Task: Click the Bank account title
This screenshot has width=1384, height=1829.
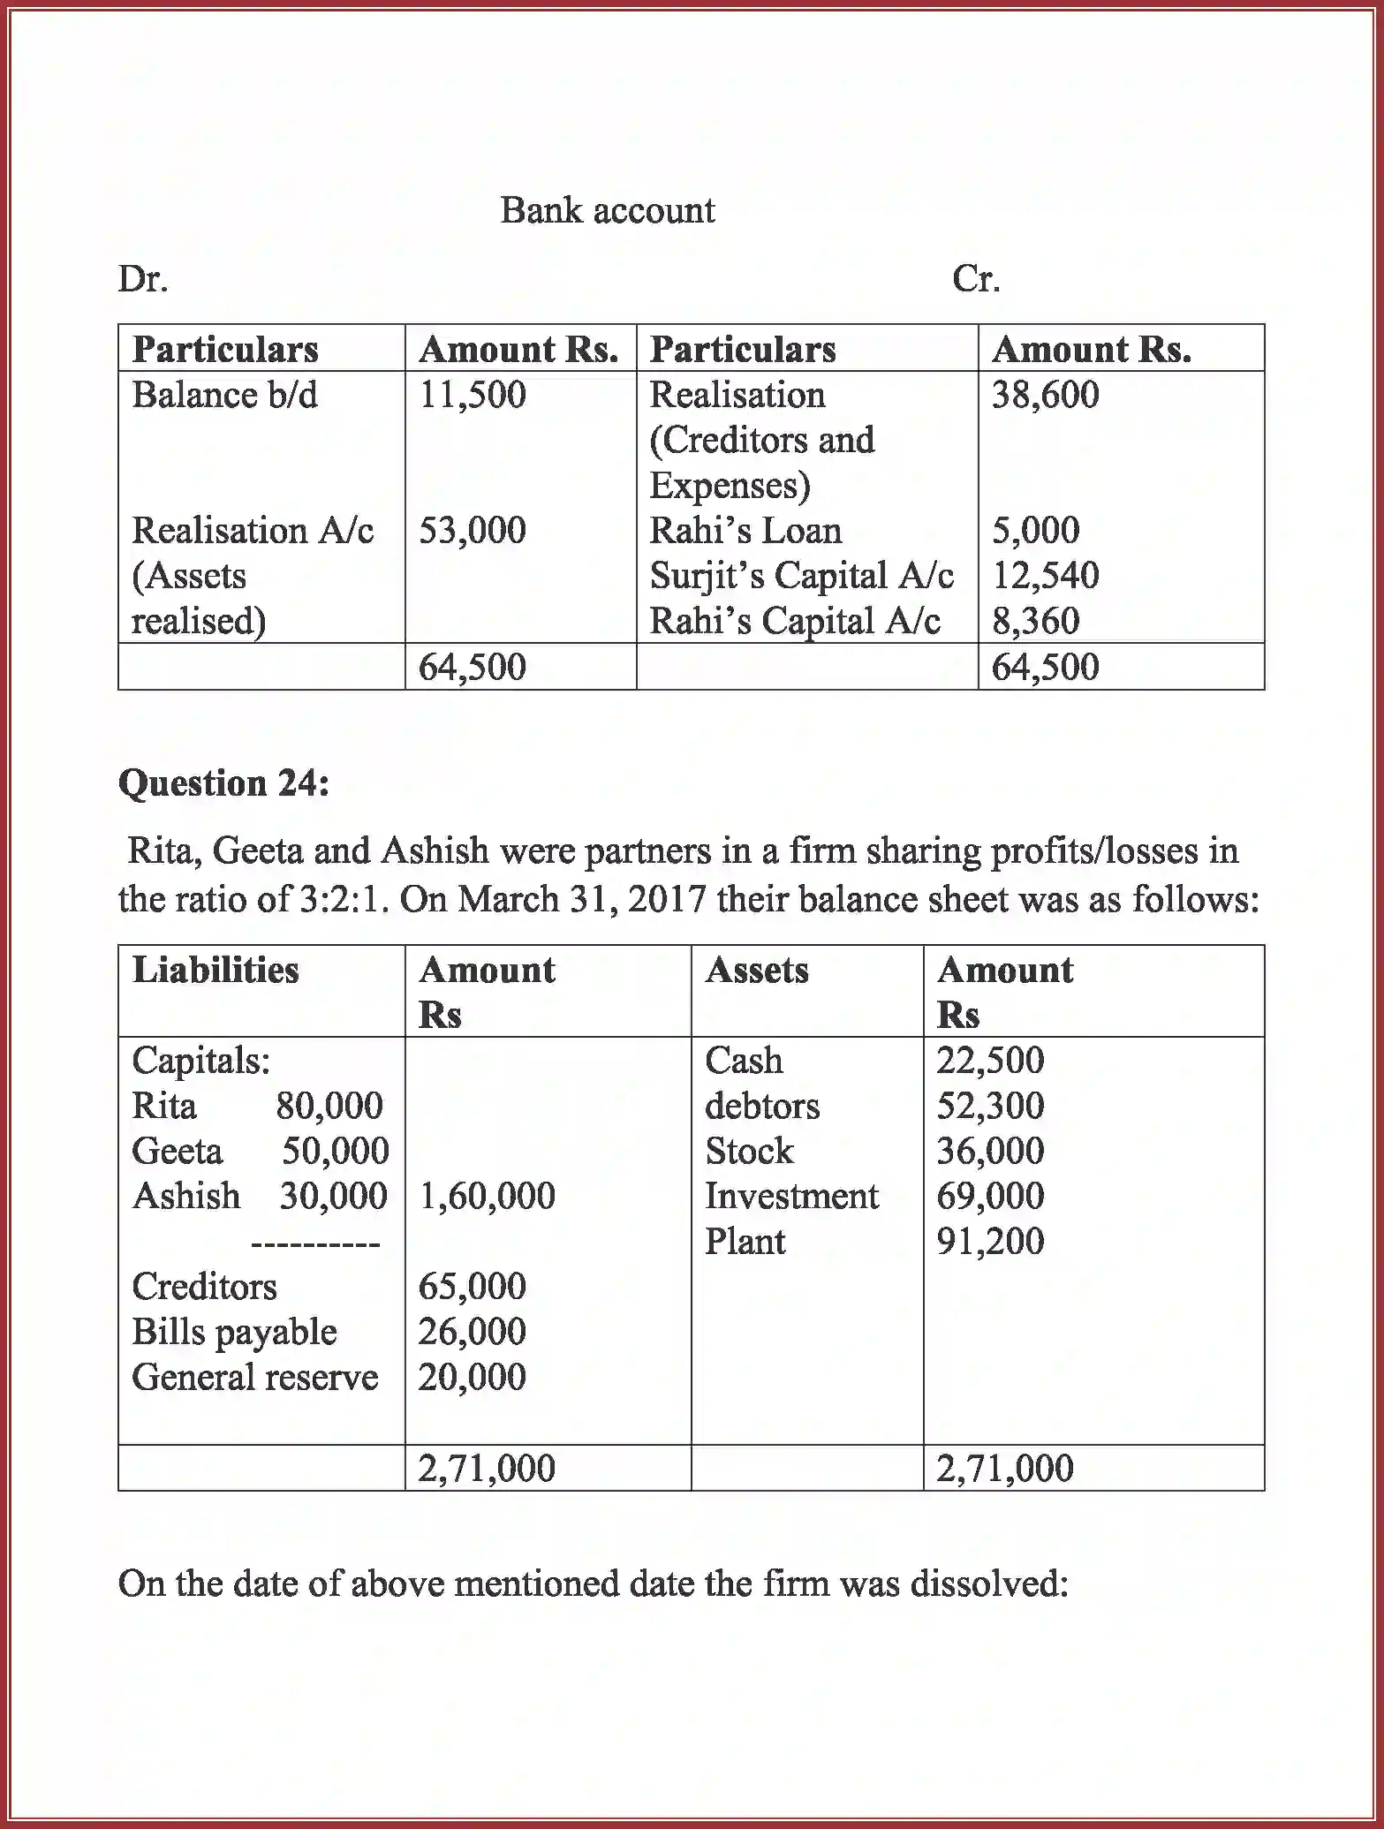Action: pos(607,211)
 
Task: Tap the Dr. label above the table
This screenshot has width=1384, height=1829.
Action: pos(143,279)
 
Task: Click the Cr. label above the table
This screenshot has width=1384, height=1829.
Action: pos(975,279)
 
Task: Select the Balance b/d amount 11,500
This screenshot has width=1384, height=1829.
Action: pos(472,395)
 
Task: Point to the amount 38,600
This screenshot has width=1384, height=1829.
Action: pos(1045,395)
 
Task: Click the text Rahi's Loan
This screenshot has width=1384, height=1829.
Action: pos(745,531)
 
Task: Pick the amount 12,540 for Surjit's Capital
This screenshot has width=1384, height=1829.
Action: pos(1045,576)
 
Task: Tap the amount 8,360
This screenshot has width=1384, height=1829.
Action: pos(1035,621)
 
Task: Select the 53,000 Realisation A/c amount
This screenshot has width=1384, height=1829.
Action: pos(472,531)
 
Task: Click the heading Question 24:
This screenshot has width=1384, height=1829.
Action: pos(223,783)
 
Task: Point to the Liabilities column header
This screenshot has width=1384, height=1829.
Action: pos(216,970)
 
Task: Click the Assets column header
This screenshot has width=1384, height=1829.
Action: pos(756,970)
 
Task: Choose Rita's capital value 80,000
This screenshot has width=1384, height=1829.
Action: pos(329,1106)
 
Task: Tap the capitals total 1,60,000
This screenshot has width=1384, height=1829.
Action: pos(487,1196)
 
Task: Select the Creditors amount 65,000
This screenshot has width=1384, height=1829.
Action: pos(472,1287)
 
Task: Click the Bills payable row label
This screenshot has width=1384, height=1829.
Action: pos(234,1332)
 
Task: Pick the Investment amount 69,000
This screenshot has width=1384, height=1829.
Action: pos(990,1196)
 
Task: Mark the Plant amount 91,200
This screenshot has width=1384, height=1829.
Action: pos(990,1242)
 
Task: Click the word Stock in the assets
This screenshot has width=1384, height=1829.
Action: pos(749,1151)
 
